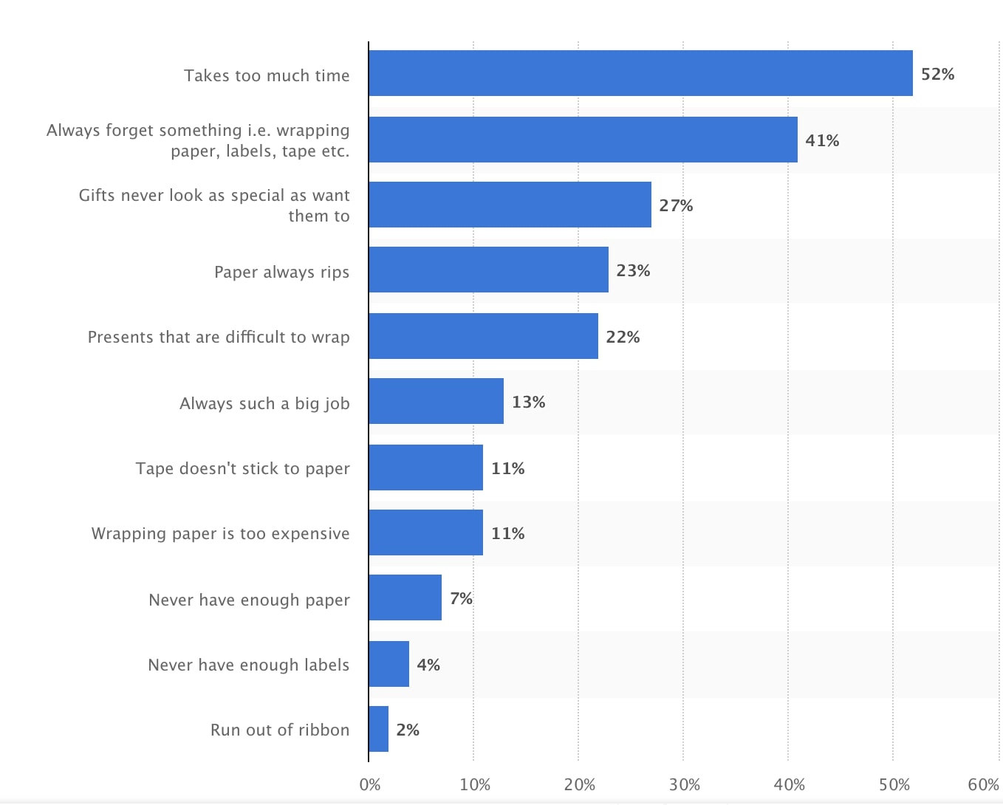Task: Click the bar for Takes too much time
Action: click(x=640, y=73)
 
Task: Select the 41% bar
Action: click(x=583, y=140)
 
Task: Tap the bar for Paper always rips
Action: click(x=488, y=270)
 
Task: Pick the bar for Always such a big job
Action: click(x=436, y=401)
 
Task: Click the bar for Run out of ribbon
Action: click(x=378, y=729)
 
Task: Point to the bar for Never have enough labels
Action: click(x=388, y=664)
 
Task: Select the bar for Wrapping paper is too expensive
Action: click(x=425, y=532)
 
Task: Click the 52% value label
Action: click(x=937, y=74)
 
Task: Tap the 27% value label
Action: click(x=676, y=205)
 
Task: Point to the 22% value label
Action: click(x=623, y=337)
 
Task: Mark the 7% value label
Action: click(x=461, y=598)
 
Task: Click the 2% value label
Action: click(x=408, y=730)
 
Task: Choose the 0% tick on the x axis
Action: click(x=369, y=784)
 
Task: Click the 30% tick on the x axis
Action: click(x=684, y=784)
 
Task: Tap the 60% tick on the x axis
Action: click(x=983, y=784)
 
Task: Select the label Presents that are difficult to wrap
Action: click(x=219, y=337)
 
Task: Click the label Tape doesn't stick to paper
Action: click(x=242, y=468)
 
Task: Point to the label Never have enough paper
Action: click(x=249, y=600)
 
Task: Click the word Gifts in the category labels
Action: click(x=97, y=195)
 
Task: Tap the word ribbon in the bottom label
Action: click(x=324, y=730)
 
